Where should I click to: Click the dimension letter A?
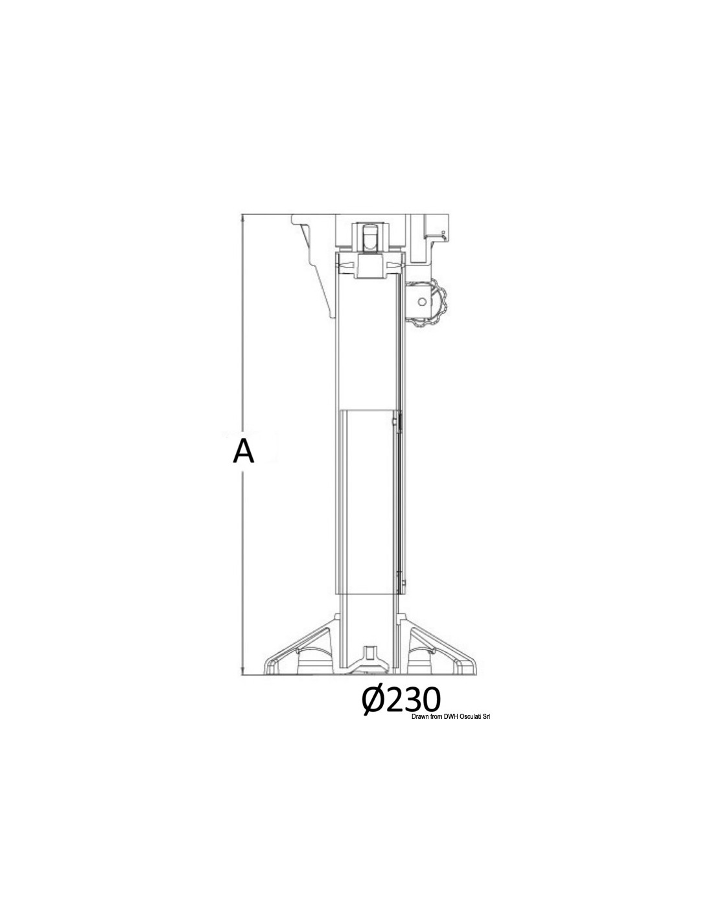click(244, 451)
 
